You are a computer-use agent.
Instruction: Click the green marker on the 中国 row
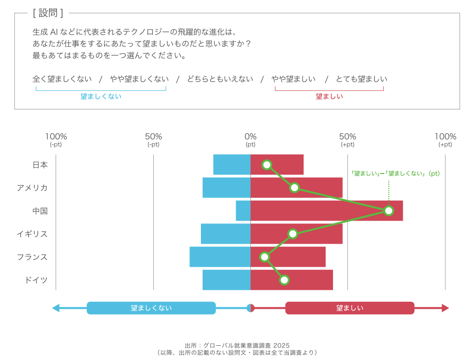point(388,211)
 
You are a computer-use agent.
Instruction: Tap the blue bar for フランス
point(220,257)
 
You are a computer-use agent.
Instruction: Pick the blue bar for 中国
point(243,211)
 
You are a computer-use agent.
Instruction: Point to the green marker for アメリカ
point(295,188)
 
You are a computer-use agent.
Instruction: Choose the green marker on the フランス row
point(264,257)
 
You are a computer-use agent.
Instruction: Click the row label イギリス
point(32,234)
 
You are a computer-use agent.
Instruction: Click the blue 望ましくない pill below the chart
point(151,308)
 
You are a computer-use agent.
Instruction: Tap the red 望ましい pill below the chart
point(350,308)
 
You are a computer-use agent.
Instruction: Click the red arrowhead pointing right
point(445,308)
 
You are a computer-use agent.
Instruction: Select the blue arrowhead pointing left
point(56,308)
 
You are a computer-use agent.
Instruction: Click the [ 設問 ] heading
point(48,13)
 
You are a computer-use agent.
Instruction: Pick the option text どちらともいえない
point(220,79)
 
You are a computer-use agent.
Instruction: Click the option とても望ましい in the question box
point(362,79)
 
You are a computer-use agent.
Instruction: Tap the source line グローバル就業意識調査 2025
point(237,345)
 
